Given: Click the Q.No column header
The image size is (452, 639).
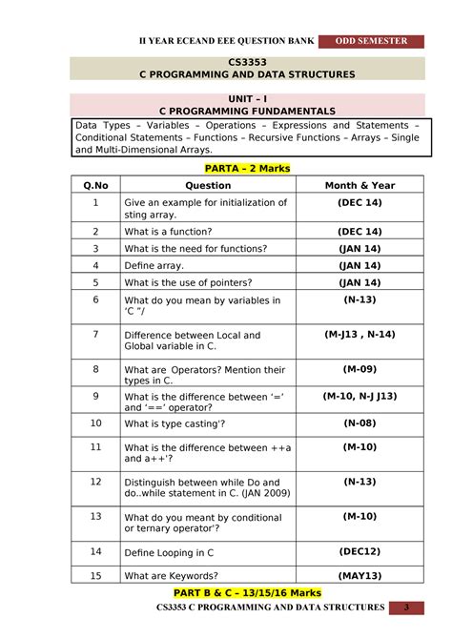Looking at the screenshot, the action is [96, 185].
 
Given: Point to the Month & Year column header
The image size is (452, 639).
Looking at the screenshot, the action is [360, 185].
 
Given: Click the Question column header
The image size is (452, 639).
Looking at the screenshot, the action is [208, 185].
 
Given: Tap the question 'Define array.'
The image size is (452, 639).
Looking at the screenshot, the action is [156, 265].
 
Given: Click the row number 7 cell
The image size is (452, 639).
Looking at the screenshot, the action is [96, 335].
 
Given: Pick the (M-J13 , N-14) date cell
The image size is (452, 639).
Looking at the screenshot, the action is [360, 335].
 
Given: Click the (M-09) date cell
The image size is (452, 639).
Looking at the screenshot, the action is [360, 369].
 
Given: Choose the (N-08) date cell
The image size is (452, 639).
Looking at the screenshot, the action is [360, 423].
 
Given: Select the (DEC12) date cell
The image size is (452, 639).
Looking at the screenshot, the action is [360, 551].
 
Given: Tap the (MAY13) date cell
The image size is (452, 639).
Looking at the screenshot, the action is [360, 575].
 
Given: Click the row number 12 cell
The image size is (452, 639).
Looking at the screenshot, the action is [96, 482].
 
